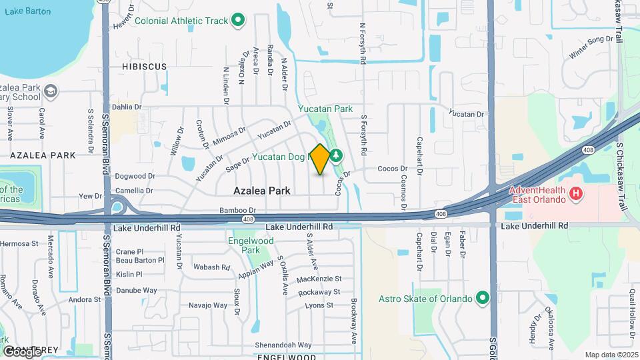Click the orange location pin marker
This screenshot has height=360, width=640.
pyautogui.click(x=320, y=159)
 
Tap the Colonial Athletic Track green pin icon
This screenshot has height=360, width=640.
pyautogui.click(x=239, y=21)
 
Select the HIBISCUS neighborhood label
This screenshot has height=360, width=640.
pyautogui.click(x=144, y=67)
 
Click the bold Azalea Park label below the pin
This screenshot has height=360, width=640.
pyautogui.click(x=262, y=190)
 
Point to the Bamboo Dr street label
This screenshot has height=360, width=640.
pyautogui.click(x=238, y=211)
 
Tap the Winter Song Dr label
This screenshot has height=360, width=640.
pyautogui.click(x=591, y=47)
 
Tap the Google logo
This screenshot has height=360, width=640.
pyautogui.click(x=21, y=351)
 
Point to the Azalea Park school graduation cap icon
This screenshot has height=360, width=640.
pyautogui.click(x=51, y=90)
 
